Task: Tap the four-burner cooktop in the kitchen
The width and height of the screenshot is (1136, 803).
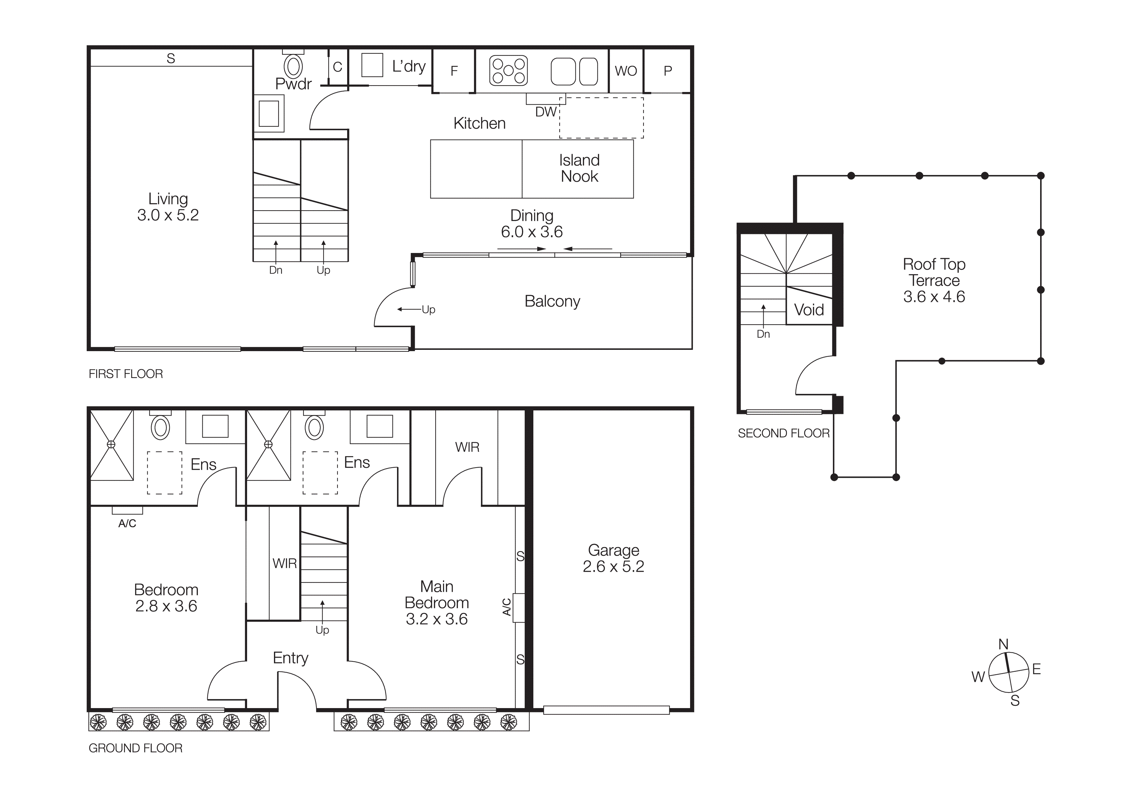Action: coord(508,71)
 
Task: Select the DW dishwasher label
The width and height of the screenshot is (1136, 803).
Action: coord(545,112)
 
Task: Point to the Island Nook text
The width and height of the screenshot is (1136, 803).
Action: coord(579,168)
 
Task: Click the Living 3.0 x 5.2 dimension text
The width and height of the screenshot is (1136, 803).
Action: coord(168,215)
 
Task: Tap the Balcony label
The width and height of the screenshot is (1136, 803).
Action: coord(552,301)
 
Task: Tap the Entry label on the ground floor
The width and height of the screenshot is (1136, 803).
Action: coord(290,658)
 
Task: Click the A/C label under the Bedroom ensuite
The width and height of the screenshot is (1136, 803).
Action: coord(127,523)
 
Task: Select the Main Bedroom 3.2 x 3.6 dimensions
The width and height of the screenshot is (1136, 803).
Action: coord(437,619)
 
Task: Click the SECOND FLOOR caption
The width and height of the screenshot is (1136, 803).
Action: coord(783,433)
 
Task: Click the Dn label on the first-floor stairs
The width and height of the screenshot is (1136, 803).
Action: coord(276,270)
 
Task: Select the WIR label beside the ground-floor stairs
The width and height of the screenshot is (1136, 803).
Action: coord(285,564)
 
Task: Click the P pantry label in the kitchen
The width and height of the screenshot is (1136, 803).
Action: coord(667,71)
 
